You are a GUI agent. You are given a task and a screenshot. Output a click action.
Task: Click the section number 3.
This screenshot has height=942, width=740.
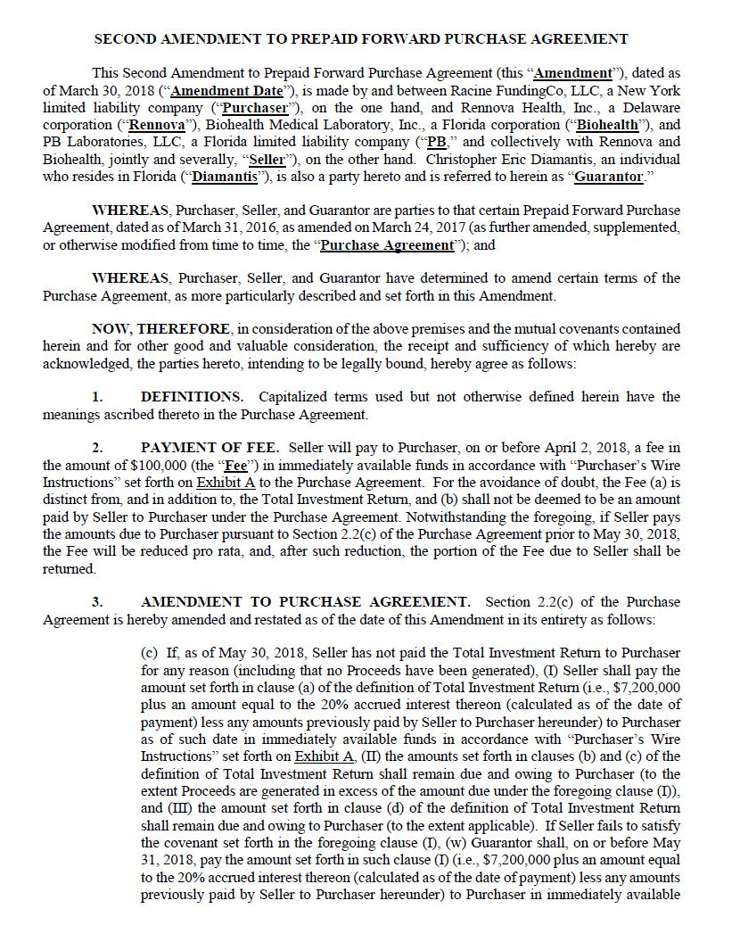97,602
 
